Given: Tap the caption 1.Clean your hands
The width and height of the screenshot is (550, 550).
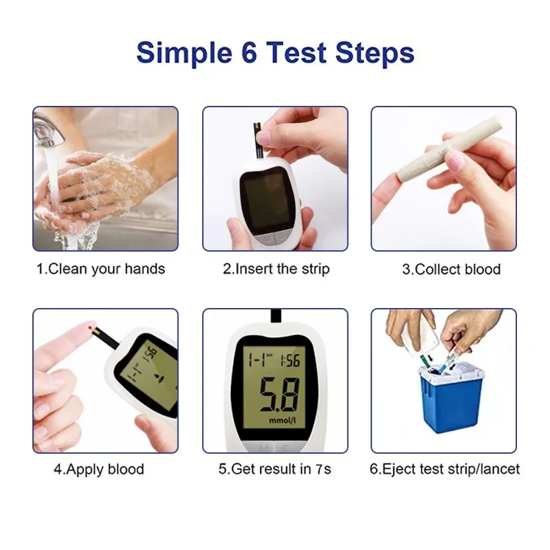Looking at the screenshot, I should (101, 269).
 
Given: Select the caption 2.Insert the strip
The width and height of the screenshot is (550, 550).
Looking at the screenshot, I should (276, 269).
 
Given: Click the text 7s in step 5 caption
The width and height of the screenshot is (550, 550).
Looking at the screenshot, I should (323, 470).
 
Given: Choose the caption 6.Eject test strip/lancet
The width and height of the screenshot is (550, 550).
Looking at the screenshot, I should (445, 470).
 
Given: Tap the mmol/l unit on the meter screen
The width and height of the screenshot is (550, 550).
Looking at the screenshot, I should (283, 419).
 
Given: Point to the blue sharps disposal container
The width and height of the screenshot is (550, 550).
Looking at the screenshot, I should (450, 402).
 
